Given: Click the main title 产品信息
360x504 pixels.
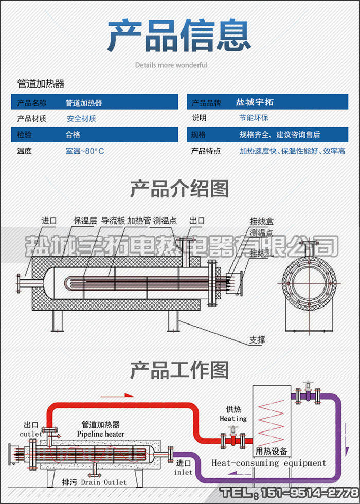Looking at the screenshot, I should (179, 36).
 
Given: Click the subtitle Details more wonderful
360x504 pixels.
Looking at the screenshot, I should (171, 65).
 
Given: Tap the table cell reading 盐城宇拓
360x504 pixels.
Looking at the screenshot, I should (255, 102).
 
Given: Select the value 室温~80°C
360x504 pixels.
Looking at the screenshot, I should (85, 151).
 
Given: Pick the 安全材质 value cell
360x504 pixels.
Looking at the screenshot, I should (81, 118).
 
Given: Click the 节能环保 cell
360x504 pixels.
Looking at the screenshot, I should (254, 118).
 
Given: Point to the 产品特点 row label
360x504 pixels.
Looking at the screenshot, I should (206, 151).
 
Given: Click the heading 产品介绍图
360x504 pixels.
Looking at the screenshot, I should (179, 189).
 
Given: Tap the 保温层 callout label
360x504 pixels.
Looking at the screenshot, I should (85, 221).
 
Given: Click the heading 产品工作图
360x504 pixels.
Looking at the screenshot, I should (179, 369).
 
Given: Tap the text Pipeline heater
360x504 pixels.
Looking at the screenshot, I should (101, 434).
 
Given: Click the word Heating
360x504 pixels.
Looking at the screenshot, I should (233, 419).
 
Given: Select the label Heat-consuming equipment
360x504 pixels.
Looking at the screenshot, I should (269, 463).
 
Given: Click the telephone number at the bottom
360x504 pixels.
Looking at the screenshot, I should (289, 493).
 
